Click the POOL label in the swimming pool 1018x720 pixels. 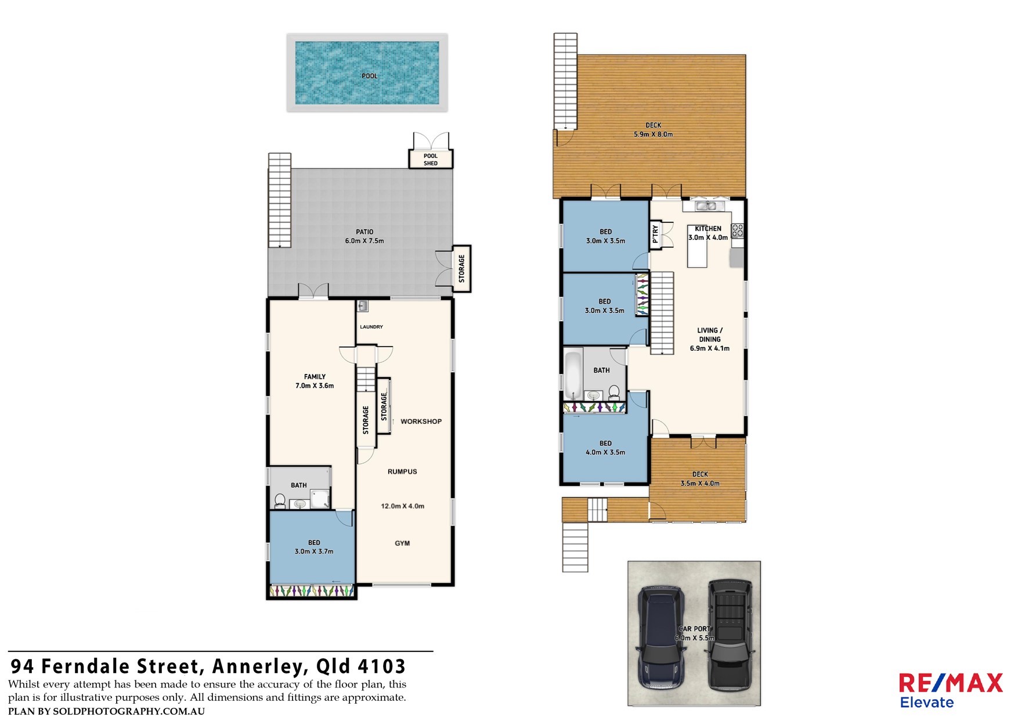pyautogui.click(x=369, y=76)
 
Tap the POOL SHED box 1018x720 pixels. pyautogui.click(x=431, y=159)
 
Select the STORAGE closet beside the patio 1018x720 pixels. pyautogui.click(x=461, y=269)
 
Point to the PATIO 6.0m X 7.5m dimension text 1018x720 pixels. pyautogui.click(x=364, y=241)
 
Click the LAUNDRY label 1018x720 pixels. pyautogui.click(x=371, y=327)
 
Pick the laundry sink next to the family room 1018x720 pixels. pyautogui.click(x=363, y=305)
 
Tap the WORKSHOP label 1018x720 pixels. pyautogui.click(x=421, y=422)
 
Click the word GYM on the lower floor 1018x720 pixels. pyautogui.click(x=402, y=543)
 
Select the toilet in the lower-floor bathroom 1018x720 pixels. pyautogui.click(x=280, y=500)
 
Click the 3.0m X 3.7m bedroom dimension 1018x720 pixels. pyautogui.click(x=314, y=552)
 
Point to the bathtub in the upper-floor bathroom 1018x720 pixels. pyautogui.click(x=573, y=374)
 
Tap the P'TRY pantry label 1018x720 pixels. pyautogui.click(x=655, y=234)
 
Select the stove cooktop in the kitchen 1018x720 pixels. pyautogui.click(x=737, y=231)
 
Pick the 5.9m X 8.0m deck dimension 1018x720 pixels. pyautogui.click(x=654, y=135)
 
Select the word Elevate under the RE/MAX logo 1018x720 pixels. pyautogui.click(x=927, y=703)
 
